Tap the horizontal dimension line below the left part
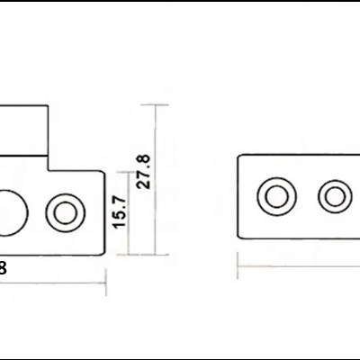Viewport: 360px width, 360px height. coord(54,282)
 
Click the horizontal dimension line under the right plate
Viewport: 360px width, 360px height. coord(297,266)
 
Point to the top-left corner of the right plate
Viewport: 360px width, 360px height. coord(238,154)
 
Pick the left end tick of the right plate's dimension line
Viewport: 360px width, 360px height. coord(237,266)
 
